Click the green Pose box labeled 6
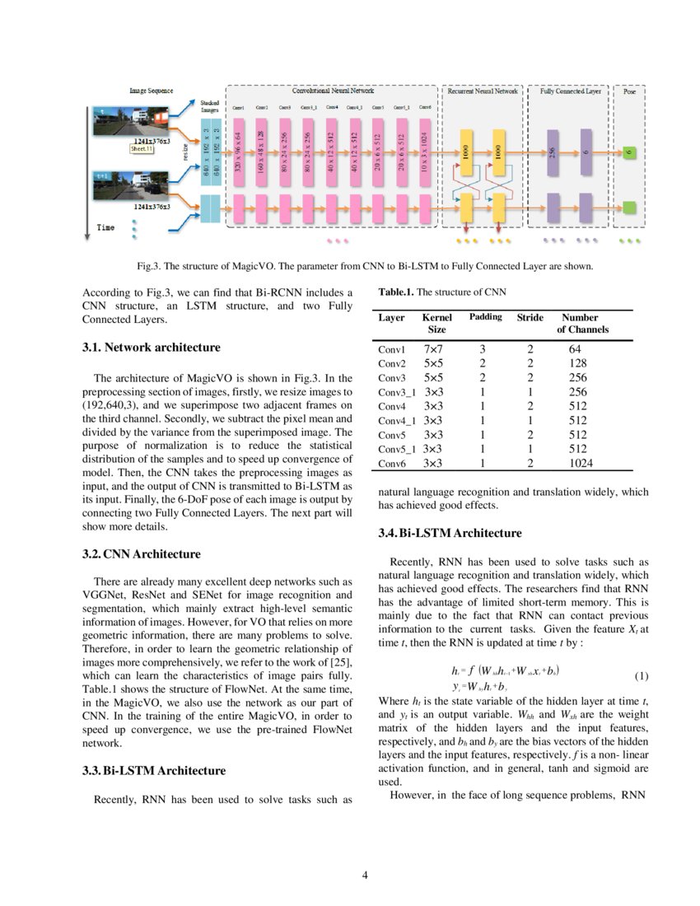[628, 152]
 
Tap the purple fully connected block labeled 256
[553, 152]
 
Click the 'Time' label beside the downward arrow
[106, 226]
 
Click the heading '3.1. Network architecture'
[151, 348]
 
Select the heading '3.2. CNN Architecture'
[141, 553]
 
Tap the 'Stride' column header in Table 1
[530, 317]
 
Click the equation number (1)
[642, 676]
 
